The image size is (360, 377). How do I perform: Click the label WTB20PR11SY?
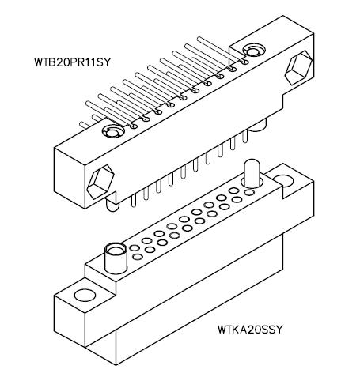pyautogui.click(x=72, y=62)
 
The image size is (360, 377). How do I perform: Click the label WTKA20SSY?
pyautogui.click(x=250, y=330)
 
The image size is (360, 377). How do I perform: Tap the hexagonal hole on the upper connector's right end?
pyautogui.click(x=298, y=67)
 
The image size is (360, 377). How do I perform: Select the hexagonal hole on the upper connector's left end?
pyautogui.click(x=100, y=182)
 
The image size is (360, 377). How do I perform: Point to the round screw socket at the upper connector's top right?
pyautogui.click(x=253, y=51)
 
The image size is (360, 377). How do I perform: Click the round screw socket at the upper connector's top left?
pyautogui.click(x=113, y=131)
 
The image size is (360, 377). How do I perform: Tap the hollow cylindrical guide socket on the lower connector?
pyautogui.click(x=116, y=258)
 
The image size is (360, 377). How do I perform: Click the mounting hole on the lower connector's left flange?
pyautogui.click(x=85, y=295)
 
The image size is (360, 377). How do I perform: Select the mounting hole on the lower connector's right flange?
pyautogui.click(x=284, y=181)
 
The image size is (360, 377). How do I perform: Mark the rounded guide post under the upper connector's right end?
pyautogui.click(x=258, y=125)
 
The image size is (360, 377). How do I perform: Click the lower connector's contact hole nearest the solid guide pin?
pyautogui.click(x=248, y=193)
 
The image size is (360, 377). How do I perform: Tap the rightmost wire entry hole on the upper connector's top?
pyautogui.click(x=244, y=62)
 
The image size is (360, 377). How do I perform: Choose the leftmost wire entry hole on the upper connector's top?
pyautogui.click(x=134, y=126)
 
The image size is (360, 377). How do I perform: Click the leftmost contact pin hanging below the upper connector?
pyautogui.click(x=133, y=201)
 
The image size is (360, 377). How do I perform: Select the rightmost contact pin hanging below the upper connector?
pyautogui.click(x=245, y=136)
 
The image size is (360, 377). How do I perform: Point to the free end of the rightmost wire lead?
pyautogui.click(x=199, y=39)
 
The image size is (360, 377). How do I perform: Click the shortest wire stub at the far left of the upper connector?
pyautogui.click(x=85, y=125)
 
